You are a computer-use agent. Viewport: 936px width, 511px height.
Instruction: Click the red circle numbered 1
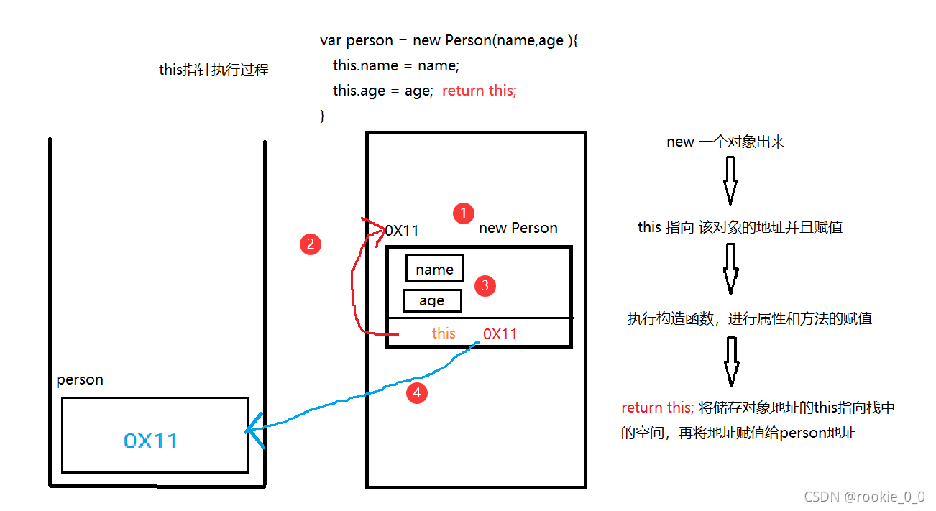tap(464, 213)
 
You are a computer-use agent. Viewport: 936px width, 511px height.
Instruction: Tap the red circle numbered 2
tap(310, 244)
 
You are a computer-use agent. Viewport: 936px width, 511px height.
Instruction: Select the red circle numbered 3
tap(485, 286)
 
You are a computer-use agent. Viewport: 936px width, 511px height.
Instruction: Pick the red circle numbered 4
tap(416, 393)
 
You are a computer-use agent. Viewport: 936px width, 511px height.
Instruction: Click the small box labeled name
tap(434, 269)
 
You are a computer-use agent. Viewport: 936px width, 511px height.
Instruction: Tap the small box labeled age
tap(432, 300)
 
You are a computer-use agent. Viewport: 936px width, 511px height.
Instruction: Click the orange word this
tap(444, 333)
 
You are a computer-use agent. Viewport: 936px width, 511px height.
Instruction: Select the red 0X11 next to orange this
tap(500, 333)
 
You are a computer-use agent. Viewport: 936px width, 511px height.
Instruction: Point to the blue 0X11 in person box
tap(151, 441)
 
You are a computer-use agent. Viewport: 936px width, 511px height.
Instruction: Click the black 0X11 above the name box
tap(402, 231)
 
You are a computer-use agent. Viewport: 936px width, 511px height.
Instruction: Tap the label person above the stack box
tap(80, 379)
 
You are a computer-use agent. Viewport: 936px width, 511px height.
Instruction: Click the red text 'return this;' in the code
tap(479, 91)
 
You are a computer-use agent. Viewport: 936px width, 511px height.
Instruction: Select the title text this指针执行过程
tap(214, 70)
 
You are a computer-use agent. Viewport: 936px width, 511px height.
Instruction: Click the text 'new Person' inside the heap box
tap(518, 228)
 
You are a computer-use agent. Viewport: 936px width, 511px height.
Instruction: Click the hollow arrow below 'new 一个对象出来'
tap(730, 180)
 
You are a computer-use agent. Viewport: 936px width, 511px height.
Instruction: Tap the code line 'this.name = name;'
tap(395, 65)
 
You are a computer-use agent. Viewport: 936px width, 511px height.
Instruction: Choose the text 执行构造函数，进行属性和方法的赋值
tap(749, 318)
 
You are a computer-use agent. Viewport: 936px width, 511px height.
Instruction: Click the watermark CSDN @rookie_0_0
tap(864, 497)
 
